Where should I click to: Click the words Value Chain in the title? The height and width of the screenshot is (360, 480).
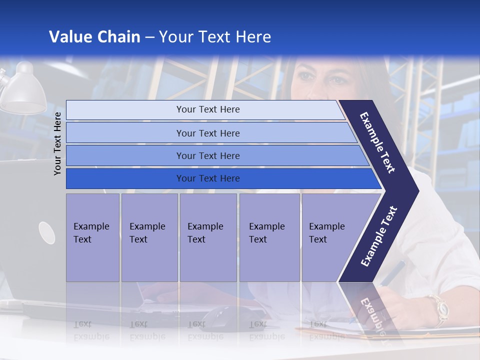coord(94,37)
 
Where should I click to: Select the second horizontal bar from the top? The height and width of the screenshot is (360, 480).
coord(207,133)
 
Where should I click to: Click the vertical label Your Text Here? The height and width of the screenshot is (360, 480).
coord(57,143)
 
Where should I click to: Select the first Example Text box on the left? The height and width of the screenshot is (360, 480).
coord(92,237)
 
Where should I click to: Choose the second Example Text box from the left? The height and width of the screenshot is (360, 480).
coord(149,237)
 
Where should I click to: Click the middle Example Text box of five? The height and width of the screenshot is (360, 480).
coord(208,237)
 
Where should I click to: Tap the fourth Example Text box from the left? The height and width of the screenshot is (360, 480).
coord(269,237)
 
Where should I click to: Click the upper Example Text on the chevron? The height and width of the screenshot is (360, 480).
coord(378,142)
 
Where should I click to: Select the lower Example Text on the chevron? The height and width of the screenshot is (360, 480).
coord(378,236)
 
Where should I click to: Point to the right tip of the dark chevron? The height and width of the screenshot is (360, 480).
coord(417,191)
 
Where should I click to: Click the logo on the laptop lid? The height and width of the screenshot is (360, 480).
coord(46,232)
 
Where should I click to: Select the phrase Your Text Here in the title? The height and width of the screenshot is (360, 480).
coord(215,37)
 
